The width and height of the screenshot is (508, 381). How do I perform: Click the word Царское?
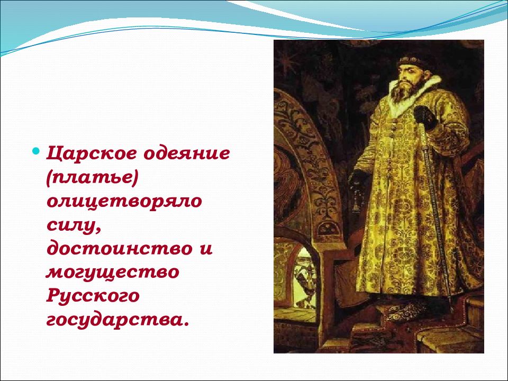coord(92,154)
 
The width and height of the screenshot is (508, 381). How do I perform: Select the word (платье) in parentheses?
coord(92,178)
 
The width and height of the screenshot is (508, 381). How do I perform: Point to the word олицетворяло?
coord(124,202)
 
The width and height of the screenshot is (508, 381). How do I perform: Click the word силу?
coord(74,225)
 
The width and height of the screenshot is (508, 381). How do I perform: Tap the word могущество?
coord(112,273)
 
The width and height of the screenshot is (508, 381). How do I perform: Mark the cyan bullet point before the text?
coord(37,151)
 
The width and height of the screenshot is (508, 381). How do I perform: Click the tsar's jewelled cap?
coord(412,60)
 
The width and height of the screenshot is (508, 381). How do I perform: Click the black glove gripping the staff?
coord(425,117)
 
